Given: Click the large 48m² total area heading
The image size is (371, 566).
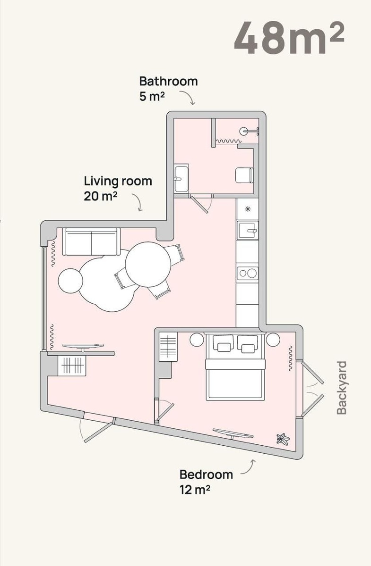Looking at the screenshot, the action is (x=289, y=38).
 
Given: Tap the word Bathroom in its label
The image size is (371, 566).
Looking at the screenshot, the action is (x=168, y=81).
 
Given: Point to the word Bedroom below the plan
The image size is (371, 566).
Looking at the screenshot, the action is (x=206, y=475).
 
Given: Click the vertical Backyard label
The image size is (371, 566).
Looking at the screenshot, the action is (x=342, y=388).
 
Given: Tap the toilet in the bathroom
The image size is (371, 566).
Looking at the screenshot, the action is (x=244, y=175).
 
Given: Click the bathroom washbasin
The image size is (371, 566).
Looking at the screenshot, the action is (x=181, y=179).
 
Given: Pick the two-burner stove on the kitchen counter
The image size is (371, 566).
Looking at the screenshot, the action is (x=248, y=273).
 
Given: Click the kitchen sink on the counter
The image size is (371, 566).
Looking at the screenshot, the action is (x=248, y=230).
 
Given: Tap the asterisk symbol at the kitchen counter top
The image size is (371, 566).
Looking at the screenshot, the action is (x=248, y=209).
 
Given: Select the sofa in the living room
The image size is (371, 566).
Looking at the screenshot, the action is (x=91, y=241).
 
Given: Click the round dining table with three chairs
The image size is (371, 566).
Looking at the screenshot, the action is (x=148, y=264).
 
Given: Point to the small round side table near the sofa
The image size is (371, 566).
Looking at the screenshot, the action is (x=70, y=281).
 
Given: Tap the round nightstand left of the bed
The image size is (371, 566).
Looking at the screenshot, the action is (x=197, y=340).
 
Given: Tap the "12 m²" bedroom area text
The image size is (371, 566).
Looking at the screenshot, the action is (x=195, y=490).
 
